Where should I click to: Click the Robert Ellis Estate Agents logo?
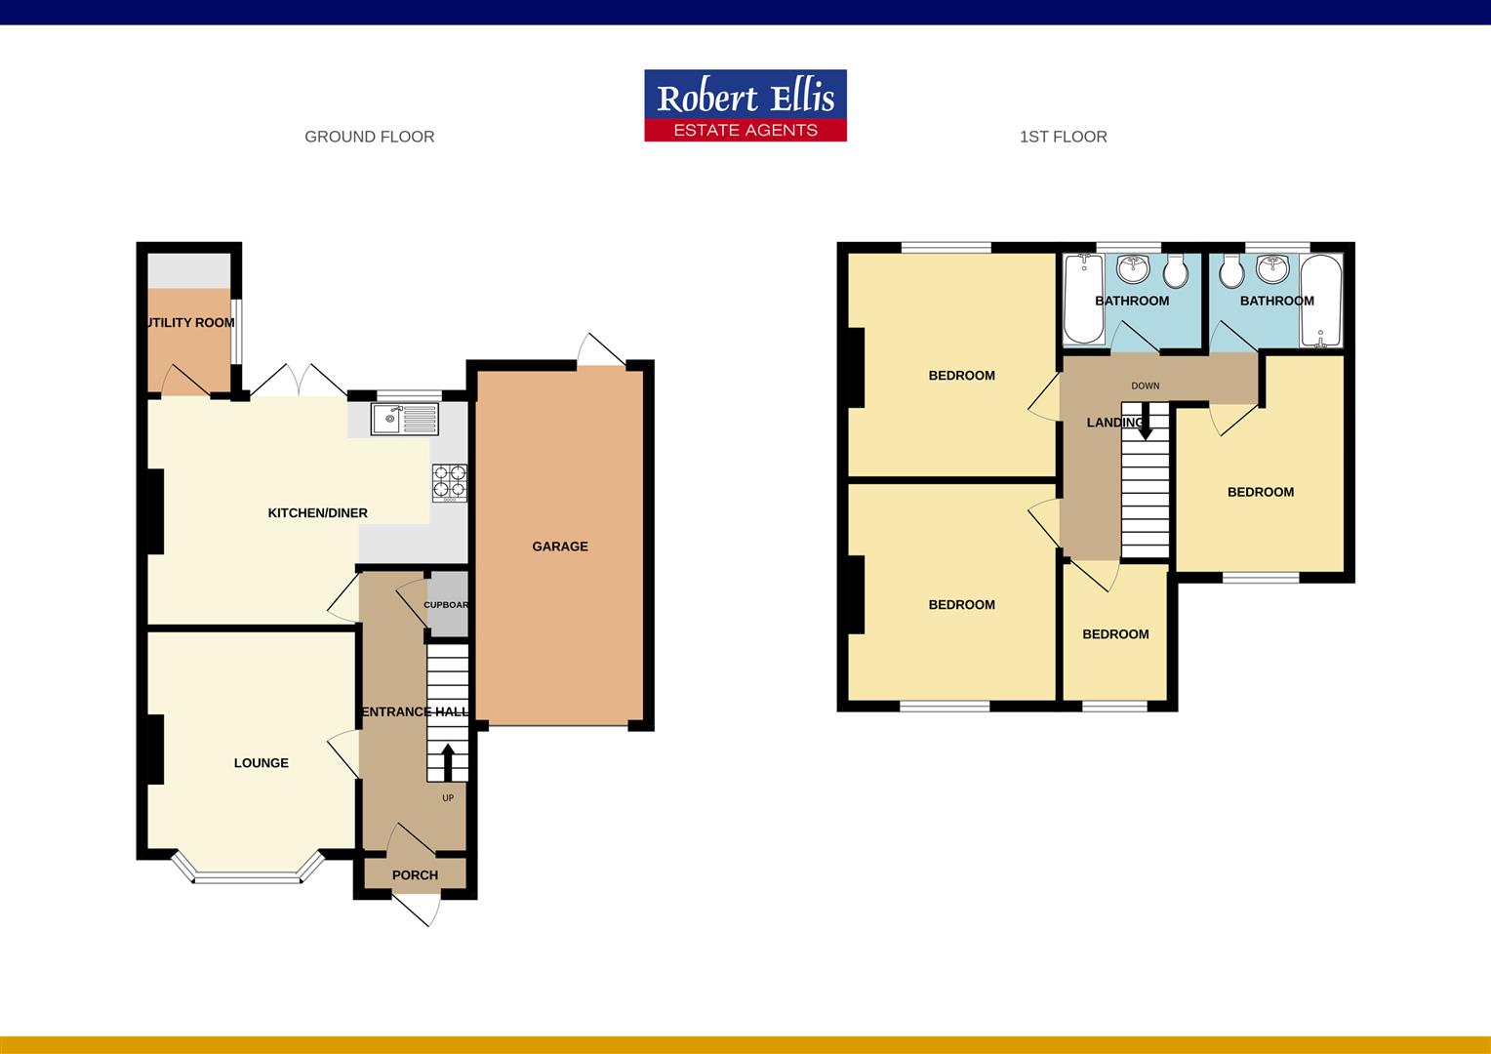tap(745, 105)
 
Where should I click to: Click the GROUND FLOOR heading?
tap(369, 137)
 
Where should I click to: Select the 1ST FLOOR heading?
tap(1063, 137)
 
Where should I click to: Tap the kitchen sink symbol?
tap(405, 420)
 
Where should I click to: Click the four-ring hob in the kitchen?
tap(450, 482)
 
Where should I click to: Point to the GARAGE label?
tap(560, 547)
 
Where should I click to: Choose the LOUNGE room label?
tap(262, 763)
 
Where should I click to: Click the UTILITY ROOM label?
tap(190, 323)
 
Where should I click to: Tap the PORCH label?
tap(415, 875)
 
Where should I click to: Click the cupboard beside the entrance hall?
tap(448, 605)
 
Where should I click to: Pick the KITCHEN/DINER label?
tap(318, 513)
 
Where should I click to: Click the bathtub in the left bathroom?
tap(1081, 299)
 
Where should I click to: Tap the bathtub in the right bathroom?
tap(1321, 301)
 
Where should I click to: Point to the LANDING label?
tap(1114, 423)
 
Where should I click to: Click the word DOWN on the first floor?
tap(1146, 386)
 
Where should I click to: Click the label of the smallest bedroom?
tap(1115, 634)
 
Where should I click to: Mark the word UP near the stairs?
tap(448, 798)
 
